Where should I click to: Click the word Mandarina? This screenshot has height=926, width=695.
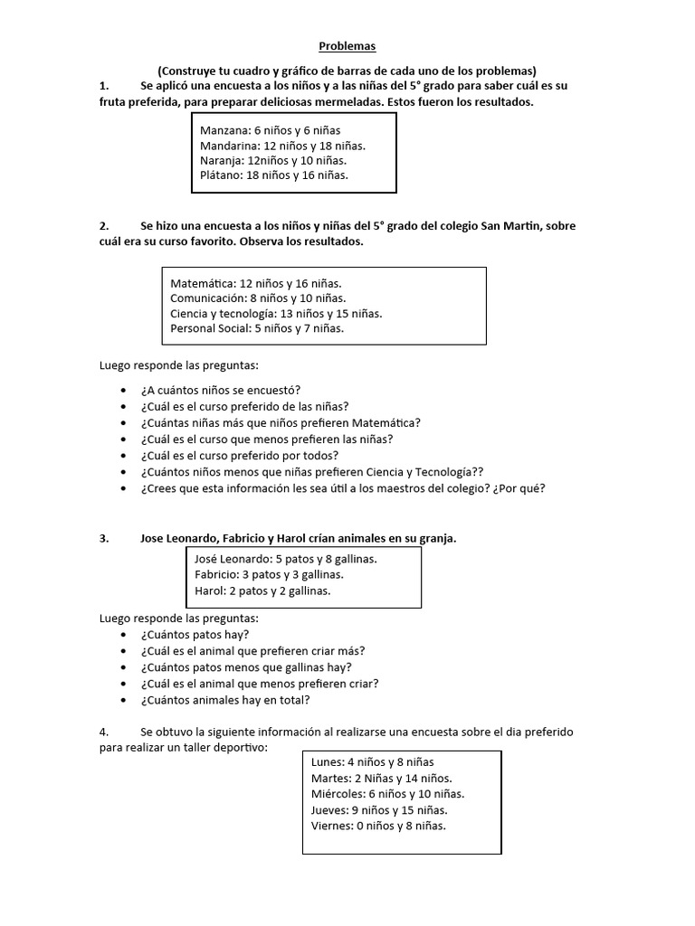click(x=229, y=145)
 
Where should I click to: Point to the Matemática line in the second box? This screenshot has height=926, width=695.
click(x=255, y=283)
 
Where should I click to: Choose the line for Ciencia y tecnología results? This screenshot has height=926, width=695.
click(x=276, y=314)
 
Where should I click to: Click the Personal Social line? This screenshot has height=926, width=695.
click(x=257, y=328)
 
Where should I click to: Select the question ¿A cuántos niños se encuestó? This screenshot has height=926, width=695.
click(x=220, y=390)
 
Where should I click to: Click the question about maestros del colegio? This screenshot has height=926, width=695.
click(x=343, y=488)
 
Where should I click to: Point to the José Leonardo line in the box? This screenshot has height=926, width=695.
click(x=285, y=559)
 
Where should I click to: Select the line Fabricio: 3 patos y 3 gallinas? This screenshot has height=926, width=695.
click(x=269, y=574)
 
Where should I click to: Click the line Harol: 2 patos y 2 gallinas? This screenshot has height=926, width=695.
click(x=262, y=591)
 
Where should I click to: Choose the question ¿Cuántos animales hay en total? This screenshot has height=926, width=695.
click(x=225, y=700)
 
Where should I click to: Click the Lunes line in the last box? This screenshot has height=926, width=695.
click(x=372, y=762)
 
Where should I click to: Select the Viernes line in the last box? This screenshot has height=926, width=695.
click(x=378, y=825)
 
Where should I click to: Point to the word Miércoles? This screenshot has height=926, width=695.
click(x=338, y=794)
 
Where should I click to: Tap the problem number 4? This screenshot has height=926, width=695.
click(x=104, y=731)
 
